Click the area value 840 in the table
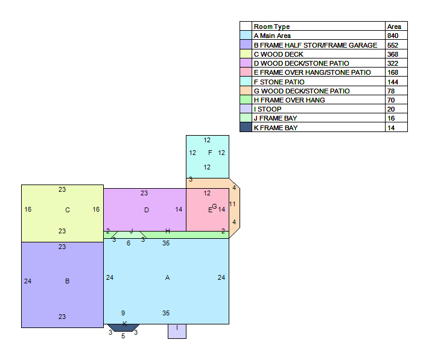point(393,36)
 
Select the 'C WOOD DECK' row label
point(279,54)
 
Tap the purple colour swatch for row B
point(246,45)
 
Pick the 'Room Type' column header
point(272,27)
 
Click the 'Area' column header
point(394,27)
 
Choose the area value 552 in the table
point(393,45)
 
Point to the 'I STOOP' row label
point(267,109)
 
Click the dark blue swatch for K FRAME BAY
point(246,127)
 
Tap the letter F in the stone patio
point(210,153)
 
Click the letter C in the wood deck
point(68,210)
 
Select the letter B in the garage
point(68,281)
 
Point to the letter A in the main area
point(168,277)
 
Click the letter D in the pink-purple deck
point(147,210)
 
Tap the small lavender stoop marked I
point(177,331)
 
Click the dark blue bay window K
point(123,328)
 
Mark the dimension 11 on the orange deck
point(232,204)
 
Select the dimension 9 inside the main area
point(123,313)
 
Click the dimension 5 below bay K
point(123,336)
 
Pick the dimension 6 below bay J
point(129,243)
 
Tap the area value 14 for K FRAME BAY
point(391,128)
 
